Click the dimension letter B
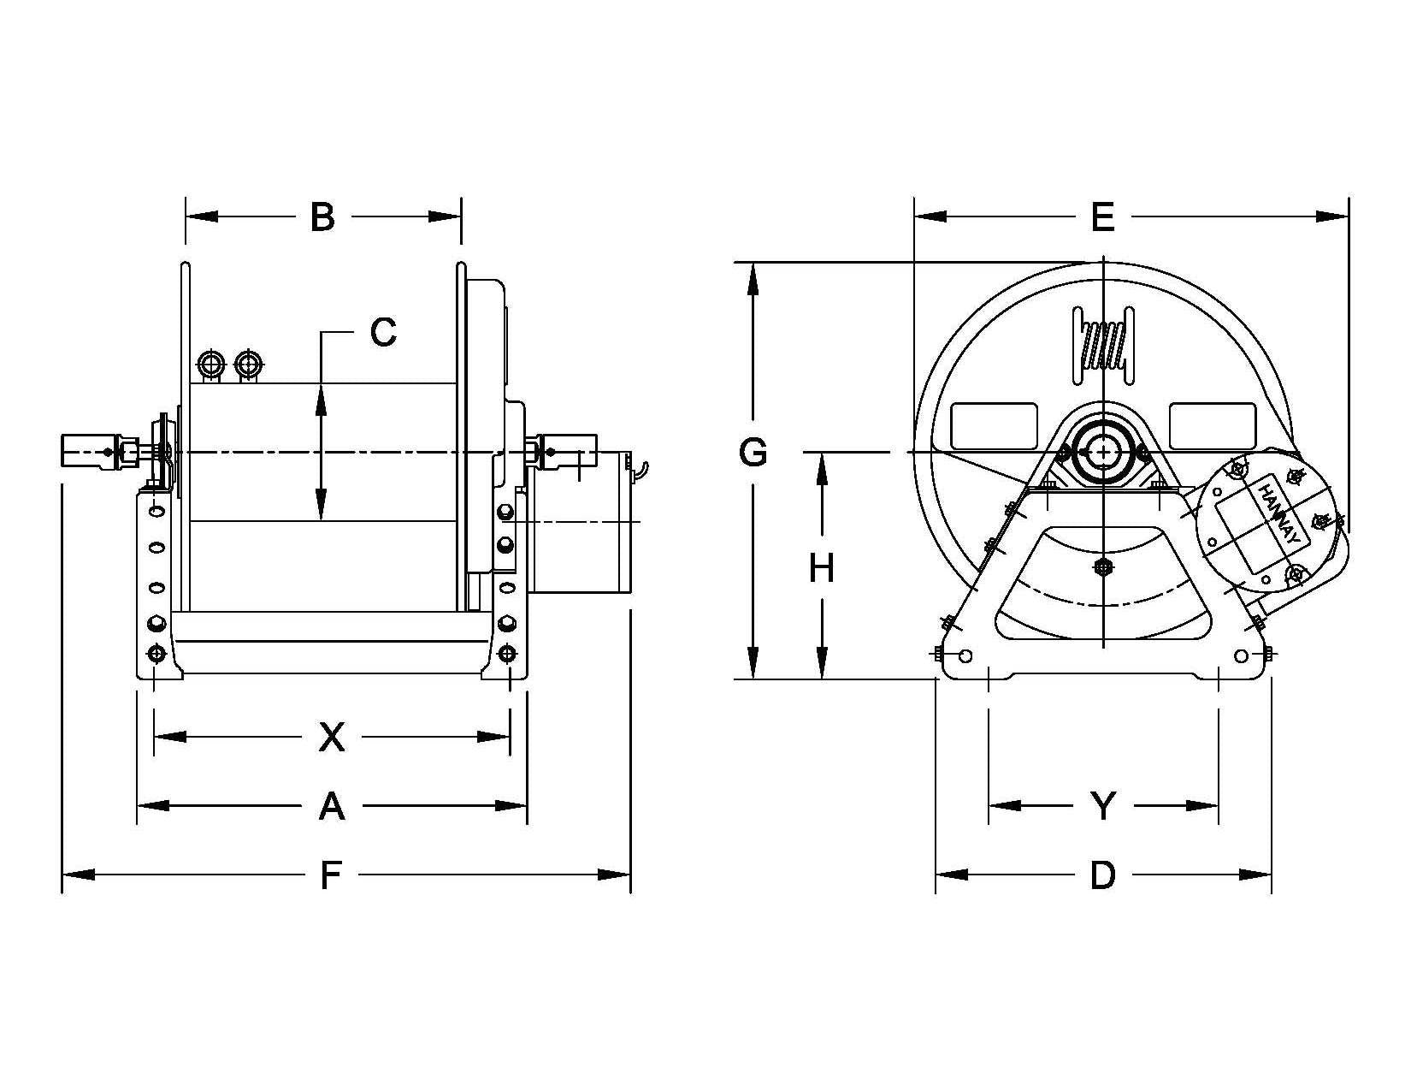coord(322,217)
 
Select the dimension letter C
coord(383,332)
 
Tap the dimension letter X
coord(331,737)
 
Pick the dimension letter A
coord(331,806)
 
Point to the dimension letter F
coord(331,875)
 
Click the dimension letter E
coord(1103,217)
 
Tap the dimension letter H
coord(822,568)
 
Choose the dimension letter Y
coord(1103,806)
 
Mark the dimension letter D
coord(1103,875)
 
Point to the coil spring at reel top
coord(1104,347)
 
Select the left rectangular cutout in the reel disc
coord(994,425)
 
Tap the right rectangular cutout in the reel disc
coord(1212,425)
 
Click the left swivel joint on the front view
coord(90,451)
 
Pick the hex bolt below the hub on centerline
coord(1104,566)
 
